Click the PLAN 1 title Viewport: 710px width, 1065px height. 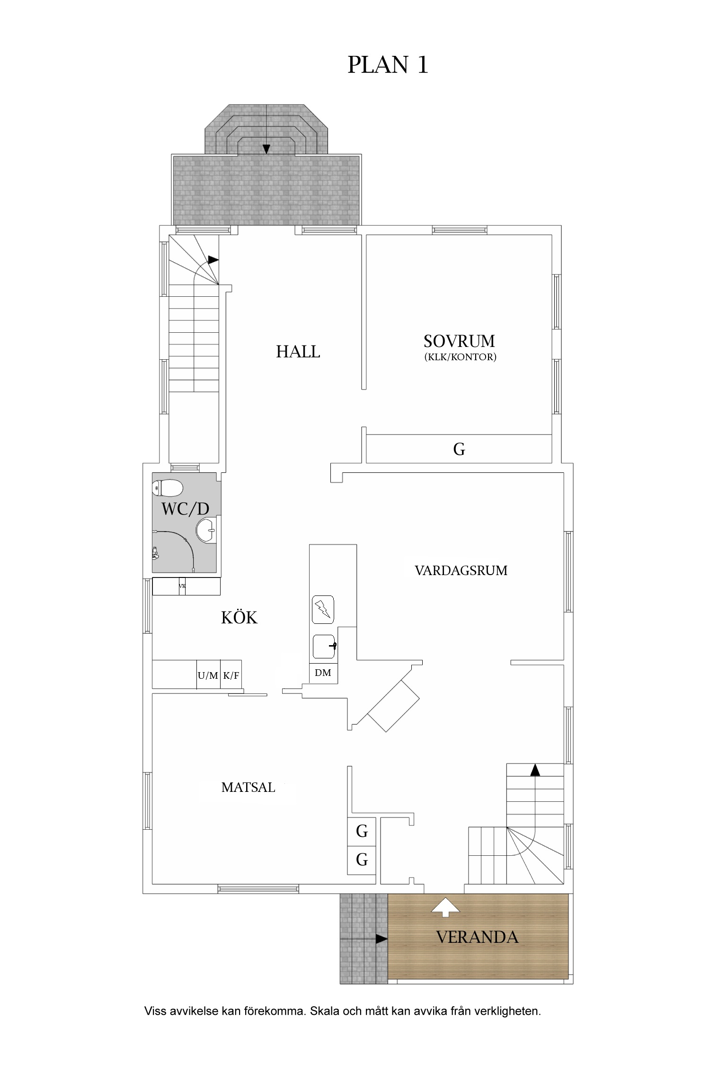[x=388, y=65]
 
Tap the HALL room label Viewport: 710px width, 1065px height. [x=298, y=352]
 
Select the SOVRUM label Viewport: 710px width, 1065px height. [x=459, y=341]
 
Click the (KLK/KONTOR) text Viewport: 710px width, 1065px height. [x=460, y=357]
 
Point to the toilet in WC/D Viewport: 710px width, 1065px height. [x=168, y=488]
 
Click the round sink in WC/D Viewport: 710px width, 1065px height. [x=206, y=530]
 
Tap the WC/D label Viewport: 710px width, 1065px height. [x=185, y=509]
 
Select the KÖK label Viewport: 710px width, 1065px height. [x=239, y=618]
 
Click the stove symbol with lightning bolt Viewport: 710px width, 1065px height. [x=323, y=610]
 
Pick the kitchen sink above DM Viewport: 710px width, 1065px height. [x=324, y=647]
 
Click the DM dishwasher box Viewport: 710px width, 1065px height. [x=323, y=673]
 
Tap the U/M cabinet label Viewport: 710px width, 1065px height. [x=208, y=675]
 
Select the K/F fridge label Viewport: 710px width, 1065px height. [x=231, y=675]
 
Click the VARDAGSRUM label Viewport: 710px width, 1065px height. [x=461, y=571]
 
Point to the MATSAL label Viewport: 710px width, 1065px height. [x=248, y=788]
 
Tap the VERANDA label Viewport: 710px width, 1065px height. [x=477, y=937]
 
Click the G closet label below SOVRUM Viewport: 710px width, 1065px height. [x=459, y=449]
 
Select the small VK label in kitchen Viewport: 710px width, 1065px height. [x=182, y=586]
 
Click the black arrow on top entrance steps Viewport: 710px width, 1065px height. [x=266, y=149]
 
